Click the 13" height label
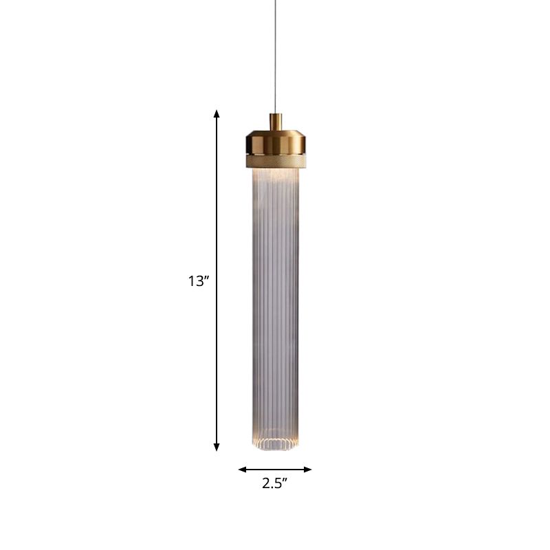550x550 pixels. (x=197, y=281)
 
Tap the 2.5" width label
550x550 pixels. (x=274, y=483)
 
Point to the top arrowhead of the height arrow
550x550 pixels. (x=217, y=114)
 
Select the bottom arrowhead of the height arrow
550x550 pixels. (x=217, y=446)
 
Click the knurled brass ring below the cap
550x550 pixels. (x=275, y=162)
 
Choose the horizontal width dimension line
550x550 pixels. (x=275, y=470)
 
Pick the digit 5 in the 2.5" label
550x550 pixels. (x=278, y=483)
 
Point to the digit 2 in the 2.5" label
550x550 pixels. (x=266, y=483)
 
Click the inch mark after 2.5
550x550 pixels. (x=285, y=480)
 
